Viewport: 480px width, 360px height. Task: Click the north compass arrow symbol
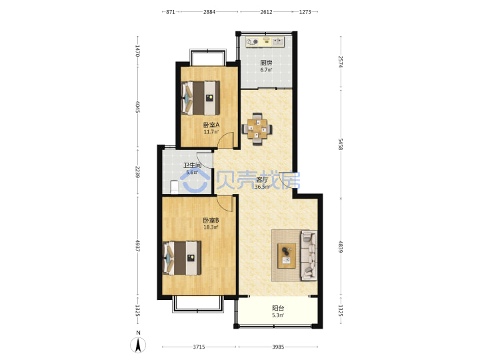(x=138, y=345)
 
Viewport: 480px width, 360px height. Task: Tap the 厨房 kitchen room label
(x=266, y=63)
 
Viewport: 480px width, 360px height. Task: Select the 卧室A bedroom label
(x=211, y=125)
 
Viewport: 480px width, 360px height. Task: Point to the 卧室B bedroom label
(x=211, y=221)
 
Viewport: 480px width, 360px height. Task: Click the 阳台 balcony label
(x=278, y=308)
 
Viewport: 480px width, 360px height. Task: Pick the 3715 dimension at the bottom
(x=199, y=347)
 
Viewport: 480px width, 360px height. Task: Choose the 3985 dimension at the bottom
(x=278, y=347)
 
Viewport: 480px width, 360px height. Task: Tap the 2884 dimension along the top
(x=209, y=12)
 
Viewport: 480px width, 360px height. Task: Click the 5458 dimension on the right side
(x=341, y=144)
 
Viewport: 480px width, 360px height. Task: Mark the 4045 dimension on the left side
(x=137, y=107)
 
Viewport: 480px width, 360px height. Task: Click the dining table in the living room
(x=257, y=129)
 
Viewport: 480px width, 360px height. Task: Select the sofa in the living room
(x=309, y=255)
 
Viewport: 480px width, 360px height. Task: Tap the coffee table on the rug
(x=287, y=256)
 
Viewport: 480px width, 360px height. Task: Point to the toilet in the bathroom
(x=174, y=187)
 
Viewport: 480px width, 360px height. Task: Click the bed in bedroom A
(x=201, y=97)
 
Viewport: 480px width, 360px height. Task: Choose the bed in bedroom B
(x=182, y=258)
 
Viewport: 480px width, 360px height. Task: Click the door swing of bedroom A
(x=226, y=140)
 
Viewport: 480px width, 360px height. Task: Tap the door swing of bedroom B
(x=226, y=203)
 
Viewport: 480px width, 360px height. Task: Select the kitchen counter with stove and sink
(x=265, y=41)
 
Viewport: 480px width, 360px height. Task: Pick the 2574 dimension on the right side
(x=341, y=61)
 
